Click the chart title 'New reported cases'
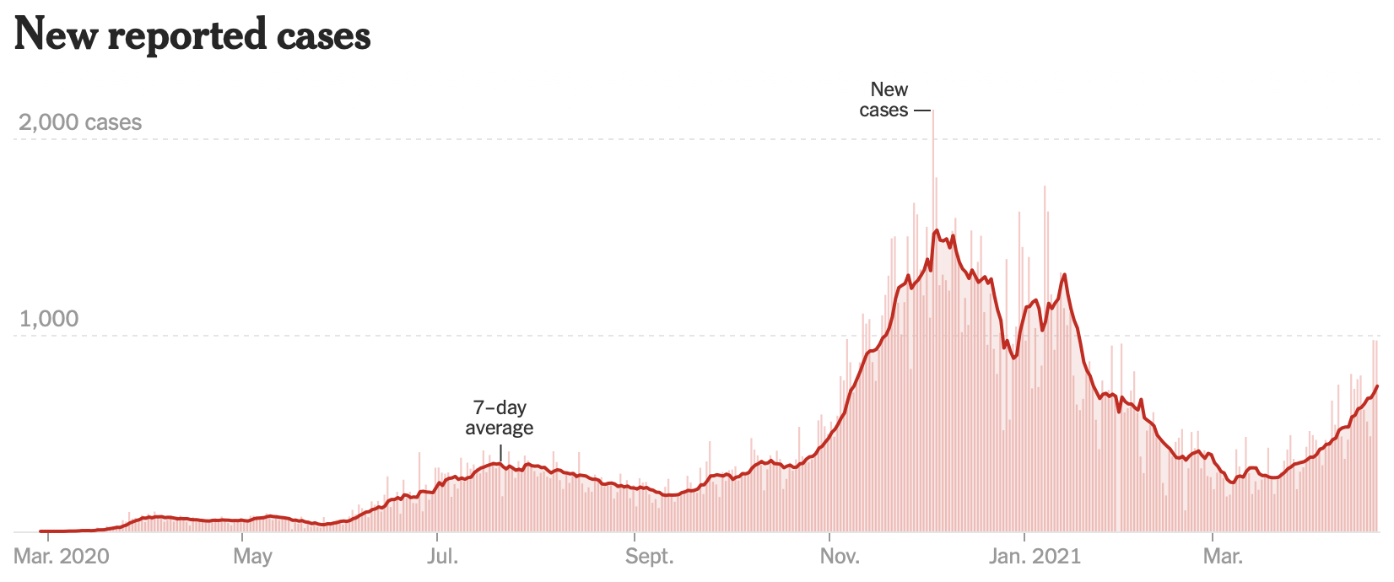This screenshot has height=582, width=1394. click(x=192, y=35)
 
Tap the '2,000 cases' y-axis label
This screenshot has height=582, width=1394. click(x=80, y=122)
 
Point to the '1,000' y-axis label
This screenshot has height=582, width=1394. click(x=48, y=319)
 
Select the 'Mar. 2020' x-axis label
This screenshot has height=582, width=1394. click(x=62, y=557)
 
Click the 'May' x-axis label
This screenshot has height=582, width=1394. click(x=252, y=557)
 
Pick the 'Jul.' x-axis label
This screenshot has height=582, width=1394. click(x=442, y=557)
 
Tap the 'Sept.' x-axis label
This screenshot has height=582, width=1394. click(x=649, y=557)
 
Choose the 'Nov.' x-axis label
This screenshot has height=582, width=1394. click(x=840, y=557)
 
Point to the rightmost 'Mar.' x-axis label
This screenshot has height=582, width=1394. click(x=1222, y=557)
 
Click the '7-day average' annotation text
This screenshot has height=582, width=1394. click(x=500, y=418)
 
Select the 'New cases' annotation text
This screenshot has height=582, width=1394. click(x=885, y=100)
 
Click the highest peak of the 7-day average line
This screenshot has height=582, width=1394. click(x=937, y=230)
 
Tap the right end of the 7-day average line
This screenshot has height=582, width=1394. click(x=1377, y=386)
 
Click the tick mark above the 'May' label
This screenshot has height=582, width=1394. click(x=242, y=536)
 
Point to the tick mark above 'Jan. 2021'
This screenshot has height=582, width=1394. click(x=1024, y=536)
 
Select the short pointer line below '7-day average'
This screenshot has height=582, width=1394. click(x=500, y=454)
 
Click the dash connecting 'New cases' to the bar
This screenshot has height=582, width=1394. click(x=921, y=110)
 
